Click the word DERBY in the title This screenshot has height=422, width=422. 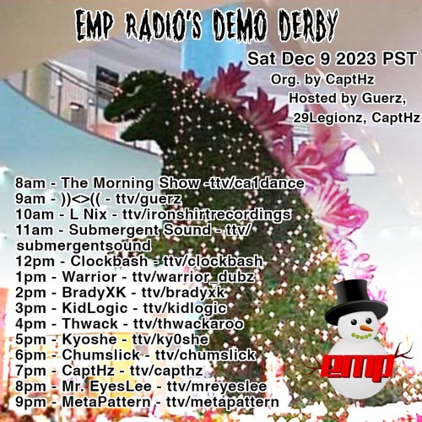click(308, 27)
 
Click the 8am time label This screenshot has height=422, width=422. click(30, 183)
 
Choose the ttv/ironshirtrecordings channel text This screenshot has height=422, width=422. click(207, 215)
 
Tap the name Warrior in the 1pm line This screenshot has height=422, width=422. click(89, 277)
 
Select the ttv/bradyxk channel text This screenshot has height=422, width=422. click(183, 293)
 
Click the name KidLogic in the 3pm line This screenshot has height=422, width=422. click(95, 309)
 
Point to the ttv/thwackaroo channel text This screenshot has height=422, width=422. click(188, 324)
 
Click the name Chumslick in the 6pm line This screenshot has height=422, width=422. click(100, 355)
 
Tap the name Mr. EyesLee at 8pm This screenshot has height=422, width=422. click(106, 387)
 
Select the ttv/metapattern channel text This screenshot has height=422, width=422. click(223, 403)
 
